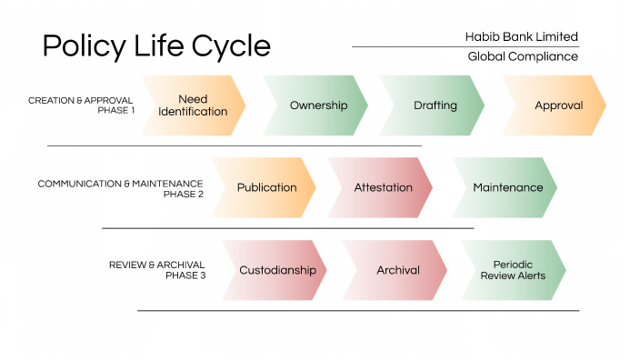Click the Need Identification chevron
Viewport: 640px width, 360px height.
(193, 105)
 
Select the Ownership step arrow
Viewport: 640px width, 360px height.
(317, 105)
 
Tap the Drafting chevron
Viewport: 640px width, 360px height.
(435, 105)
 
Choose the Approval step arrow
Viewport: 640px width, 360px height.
(557, 105)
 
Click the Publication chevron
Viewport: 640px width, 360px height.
(265, 187)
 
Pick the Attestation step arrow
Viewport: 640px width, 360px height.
(382, 187)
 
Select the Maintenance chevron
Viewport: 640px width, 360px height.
(506, 187)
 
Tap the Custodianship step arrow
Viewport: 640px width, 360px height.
(276, 270)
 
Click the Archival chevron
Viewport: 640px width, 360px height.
(397, 270)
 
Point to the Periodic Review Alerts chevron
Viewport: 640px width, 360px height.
(515, 270)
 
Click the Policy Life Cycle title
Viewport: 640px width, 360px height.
(156, 45)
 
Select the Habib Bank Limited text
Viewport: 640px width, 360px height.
(521, 36)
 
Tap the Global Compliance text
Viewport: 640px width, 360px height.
(523, 56)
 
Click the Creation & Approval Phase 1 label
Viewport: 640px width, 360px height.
(81, 105)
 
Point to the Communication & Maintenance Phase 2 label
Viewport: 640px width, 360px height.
(120, 188)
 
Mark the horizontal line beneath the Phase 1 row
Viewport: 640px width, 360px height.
(235, 145)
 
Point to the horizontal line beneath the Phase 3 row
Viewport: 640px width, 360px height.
(357, 311)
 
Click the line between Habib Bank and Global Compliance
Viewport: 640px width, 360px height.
(465, 46)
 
